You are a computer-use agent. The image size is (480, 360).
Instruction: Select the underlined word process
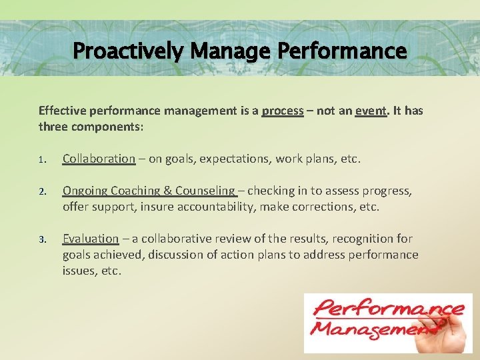pyautogui.click(x=283, y=111)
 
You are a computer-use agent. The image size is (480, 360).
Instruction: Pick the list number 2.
pyautogui.click(x=41, y=192)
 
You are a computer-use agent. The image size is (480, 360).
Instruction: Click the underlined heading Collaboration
pyautogui.click(x=99, y=159)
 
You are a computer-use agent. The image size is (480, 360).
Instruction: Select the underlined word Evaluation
pyautogui.click(x=91, y=239)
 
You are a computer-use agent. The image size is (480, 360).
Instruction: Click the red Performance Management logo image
pyautogui.click(x=388, y=323)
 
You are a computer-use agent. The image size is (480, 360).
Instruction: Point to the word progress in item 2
pyautogui.click(x=387, y=191)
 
